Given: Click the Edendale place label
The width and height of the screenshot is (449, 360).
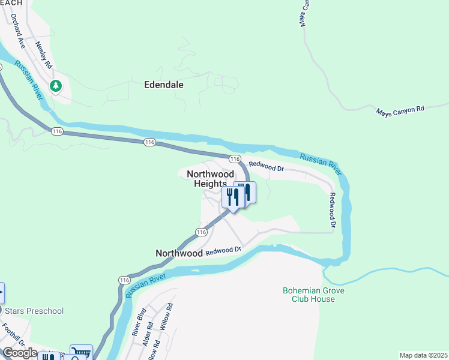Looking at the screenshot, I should (164, 85).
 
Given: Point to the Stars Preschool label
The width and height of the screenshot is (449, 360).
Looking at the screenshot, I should (34, 311).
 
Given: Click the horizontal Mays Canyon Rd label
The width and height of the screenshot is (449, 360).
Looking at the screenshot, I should (400, 110).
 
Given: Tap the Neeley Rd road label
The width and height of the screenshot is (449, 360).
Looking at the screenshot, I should (44, 54).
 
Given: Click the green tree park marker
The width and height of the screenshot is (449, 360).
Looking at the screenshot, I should (56, 86).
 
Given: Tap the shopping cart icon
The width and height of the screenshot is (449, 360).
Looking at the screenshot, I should (80, 353).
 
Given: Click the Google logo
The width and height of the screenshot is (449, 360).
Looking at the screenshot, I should (20, 353).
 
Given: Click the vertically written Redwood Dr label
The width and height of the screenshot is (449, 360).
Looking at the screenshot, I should (331, 211).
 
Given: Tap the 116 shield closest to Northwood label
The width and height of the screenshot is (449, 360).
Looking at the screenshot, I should (201, 232).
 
